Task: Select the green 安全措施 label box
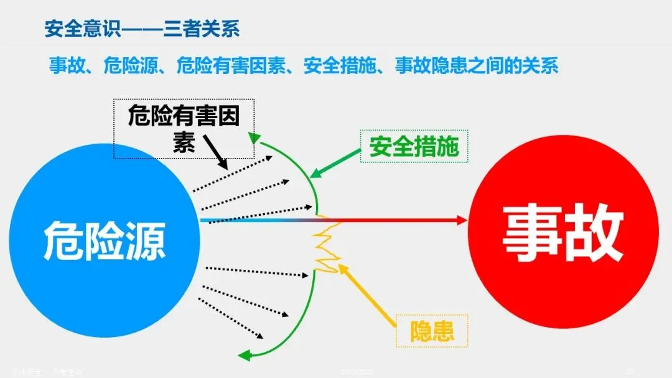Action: (x=414, y=147)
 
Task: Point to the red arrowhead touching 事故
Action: (x=461, y=219)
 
